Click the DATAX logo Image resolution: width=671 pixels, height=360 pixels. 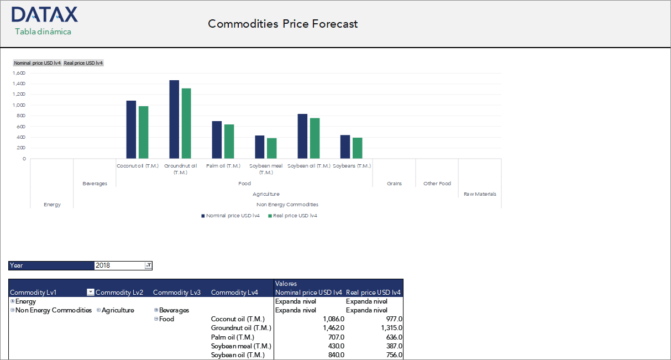pyautogui.click(x=44, y=15)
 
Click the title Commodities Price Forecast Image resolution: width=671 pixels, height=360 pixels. pyautogui.click(x=282, y=24)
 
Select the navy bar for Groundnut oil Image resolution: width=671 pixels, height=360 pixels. pyautogui.click(x=174, y=119)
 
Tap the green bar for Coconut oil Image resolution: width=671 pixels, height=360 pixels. pyautogui.click(x=143, y=132)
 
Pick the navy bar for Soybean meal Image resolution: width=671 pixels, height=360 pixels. pyautogui.click(x=259, y=147)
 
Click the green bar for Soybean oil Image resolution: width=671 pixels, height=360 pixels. pyautogui.click(x=314, y=138)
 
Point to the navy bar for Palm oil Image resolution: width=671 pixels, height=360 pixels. pyautogui.click(x=217, y=140)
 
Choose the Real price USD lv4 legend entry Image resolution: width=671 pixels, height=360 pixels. pyautogui.click(x=292, y=216)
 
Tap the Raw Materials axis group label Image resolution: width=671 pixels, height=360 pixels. pyautogui.click(x=480, y=194)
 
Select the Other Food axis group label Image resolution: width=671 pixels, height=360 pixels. pyautogui.click(x=437, y=184)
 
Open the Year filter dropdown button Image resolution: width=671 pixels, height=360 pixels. pyautogui.click(x=148, y=265)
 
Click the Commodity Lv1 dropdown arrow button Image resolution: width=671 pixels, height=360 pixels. pyautogui.click(x=91, y=293)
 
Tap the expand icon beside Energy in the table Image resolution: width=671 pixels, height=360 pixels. pyautogui.click(x=12, y=301)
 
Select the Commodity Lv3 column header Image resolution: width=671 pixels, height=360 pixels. pyautogui.click(x=177, y=293)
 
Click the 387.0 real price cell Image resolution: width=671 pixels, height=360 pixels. pyautogui.click(x=394, y=346)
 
